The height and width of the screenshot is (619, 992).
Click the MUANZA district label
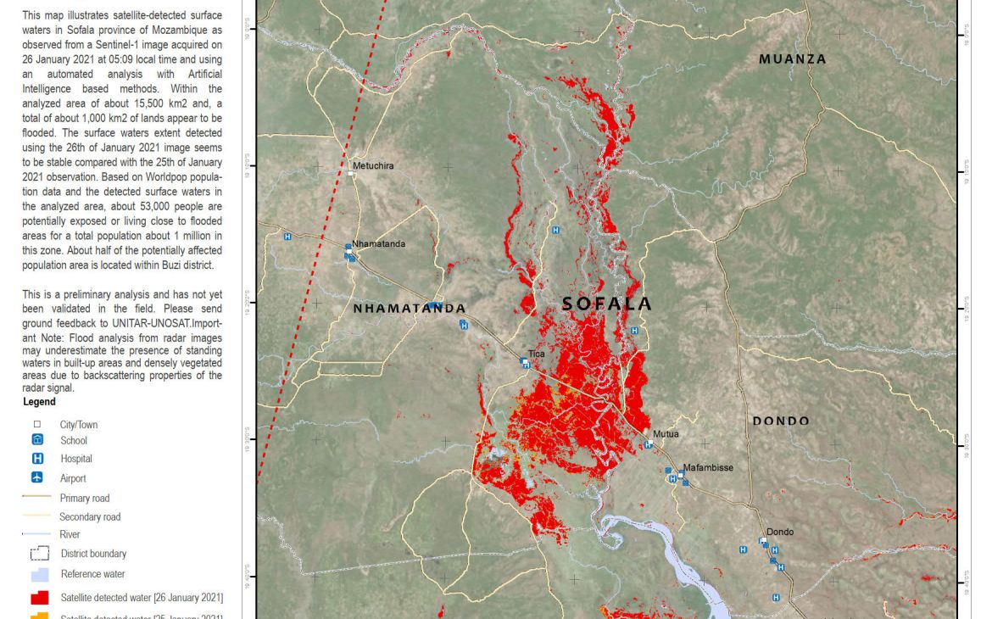pos(793,59)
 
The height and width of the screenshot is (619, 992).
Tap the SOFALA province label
pos(607,304)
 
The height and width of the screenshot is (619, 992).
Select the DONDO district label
pos(781,421)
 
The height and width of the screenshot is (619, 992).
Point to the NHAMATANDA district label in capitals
pos(410,309)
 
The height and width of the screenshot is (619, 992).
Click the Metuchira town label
pos(373,166)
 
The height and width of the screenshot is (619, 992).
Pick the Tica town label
pos(537,354)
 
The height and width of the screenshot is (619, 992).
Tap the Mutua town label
pos(666,434)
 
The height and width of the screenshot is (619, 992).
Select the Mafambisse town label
pos(708,467)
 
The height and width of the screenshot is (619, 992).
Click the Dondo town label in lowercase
pos(780,533)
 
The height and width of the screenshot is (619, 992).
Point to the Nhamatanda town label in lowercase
pos(379,244)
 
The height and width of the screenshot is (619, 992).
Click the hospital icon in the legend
pos(37,459)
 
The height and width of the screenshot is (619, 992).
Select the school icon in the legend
pos(37,440)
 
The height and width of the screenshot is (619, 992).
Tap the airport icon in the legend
pos(37,478)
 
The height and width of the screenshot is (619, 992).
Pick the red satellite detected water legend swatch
pos(39,598)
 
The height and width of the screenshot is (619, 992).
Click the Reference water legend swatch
pos(39,575)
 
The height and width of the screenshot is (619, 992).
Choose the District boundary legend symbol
pos(39,554)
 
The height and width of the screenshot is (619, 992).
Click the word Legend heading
pos(39,402)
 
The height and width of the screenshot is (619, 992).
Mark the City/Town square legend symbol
pos(37,425)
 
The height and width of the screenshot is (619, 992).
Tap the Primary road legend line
pos(37,498)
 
